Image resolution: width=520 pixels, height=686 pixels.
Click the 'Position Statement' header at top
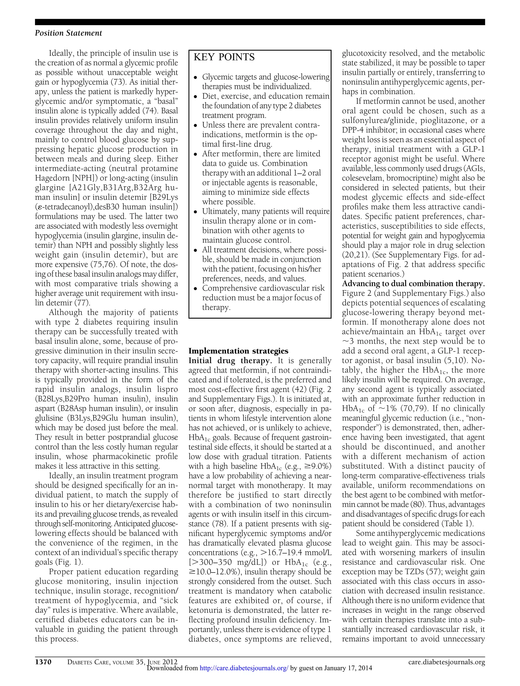pyautogui.click(x=69, y=33)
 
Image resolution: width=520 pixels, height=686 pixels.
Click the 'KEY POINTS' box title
pyautogui.click(x=224, y=57)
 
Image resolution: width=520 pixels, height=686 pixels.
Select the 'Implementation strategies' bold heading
pyautogui.click(x=238, y=351)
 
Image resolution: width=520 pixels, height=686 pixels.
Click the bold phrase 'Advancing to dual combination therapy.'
pyautogui.click(x=413, y=284)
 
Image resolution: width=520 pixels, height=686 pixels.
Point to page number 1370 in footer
pyautogui.click(x=43, y=662)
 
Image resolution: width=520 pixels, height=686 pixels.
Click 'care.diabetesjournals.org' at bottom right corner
pyautogui.click(x=446, y=662)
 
